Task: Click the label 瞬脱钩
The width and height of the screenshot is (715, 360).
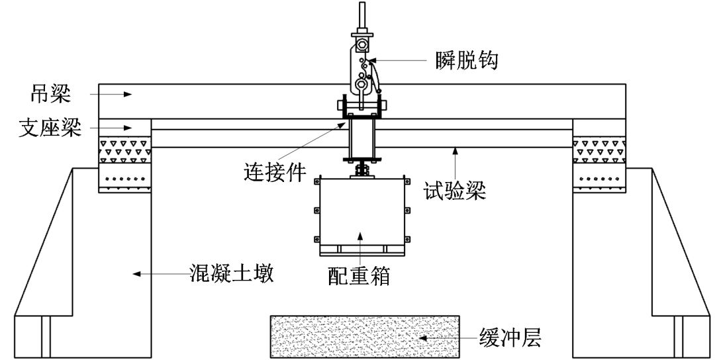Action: pyautogui.click(x=466, y=61)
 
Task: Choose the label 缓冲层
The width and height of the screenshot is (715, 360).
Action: pyautogui.click(x=510, y=339)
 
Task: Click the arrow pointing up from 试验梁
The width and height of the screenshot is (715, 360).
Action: pyautogui.click(x=455, y=163)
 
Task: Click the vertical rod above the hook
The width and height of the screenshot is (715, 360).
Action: pyautogui.click(x=361, y=17)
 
